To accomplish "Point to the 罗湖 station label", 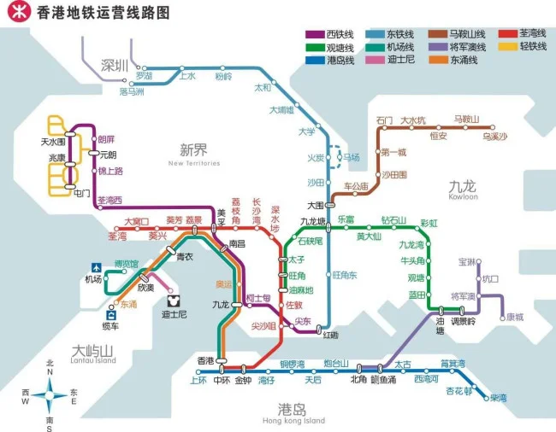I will tap(156, 76).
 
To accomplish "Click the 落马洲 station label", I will tap(132, 90).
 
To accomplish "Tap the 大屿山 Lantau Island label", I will tap(93, 353).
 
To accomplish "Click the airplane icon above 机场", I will tap(97, 266).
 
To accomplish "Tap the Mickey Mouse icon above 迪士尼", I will tap(174, 301).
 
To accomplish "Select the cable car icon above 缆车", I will tap(110, 314).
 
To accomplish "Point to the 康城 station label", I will tap(514, 317).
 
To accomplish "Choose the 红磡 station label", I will tap(330, 334).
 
